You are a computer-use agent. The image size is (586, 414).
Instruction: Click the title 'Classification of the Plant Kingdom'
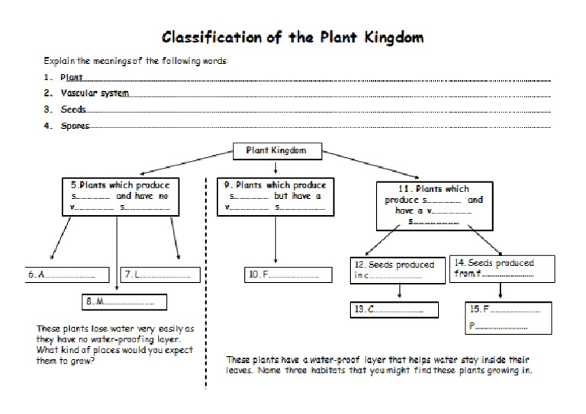point(293,37)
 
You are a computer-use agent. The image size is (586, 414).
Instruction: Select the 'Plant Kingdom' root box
point(275,150)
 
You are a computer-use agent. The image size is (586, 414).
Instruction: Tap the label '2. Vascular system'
point(91,94)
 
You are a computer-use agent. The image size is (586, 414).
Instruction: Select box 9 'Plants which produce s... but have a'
point(275,196)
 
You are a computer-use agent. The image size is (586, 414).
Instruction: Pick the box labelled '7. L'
point(159,274)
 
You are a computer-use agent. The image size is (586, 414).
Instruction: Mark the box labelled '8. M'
point(124,302)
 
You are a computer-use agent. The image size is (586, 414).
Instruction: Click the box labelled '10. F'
point(282,274)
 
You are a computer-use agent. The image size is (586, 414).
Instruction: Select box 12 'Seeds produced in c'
point(395,270)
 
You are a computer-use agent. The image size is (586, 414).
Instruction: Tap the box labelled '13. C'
point(394,310)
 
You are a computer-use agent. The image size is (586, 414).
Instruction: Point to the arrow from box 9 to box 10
point(275,242)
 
